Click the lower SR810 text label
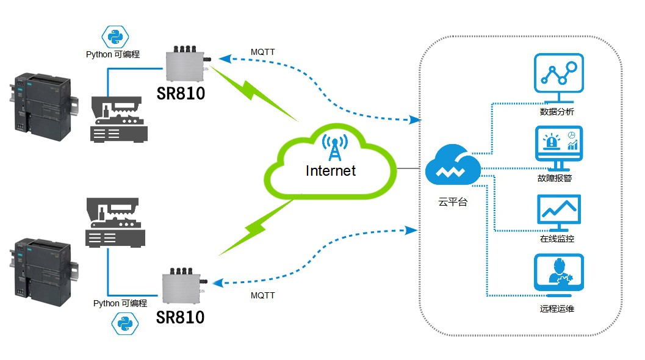click(x=180, y=317)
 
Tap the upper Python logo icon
click(x=114, y=38)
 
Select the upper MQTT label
click(x=262, y=52)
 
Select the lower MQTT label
click(x=262, y=295)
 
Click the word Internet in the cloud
click(x=330, y=170)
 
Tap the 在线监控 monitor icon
click(x=558, y=211)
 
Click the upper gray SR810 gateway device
click(x=186, y=65)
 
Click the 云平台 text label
click(x=452, y=202)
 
